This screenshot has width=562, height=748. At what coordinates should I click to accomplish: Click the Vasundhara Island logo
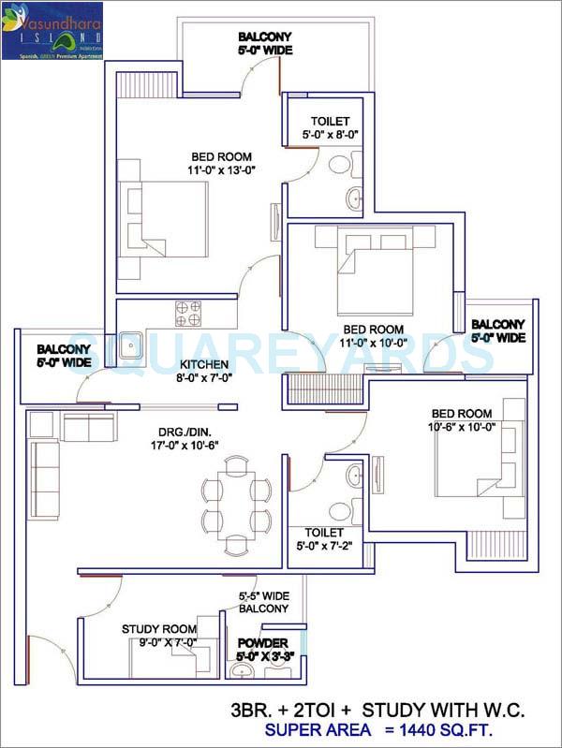(52, 30)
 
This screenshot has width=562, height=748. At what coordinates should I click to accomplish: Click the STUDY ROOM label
(159, 629)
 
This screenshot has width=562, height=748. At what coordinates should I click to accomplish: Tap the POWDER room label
(262, 643)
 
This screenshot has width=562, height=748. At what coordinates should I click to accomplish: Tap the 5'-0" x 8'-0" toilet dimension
(331, 136)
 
